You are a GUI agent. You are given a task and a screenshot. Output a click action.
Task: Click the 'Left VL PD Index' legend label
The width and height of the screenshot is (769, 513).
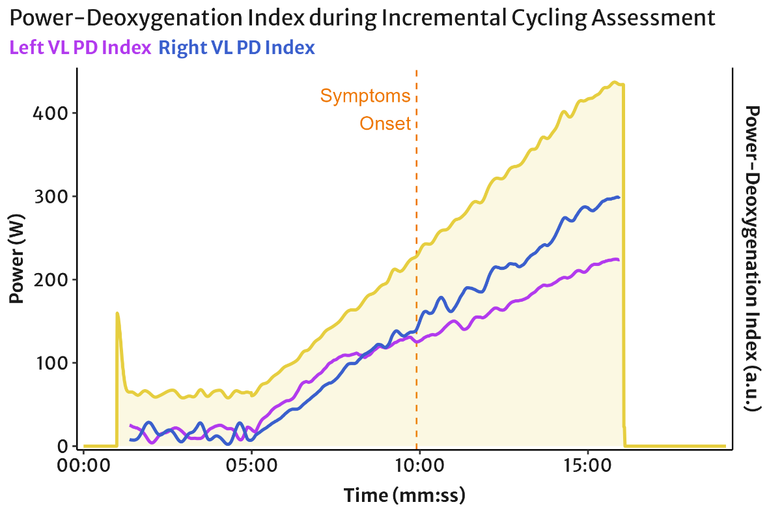[x=81, y=48]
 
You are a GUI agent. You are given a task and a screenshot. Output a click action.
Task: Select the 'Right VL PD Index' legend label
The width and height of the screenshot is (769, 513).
[x=237, y=48]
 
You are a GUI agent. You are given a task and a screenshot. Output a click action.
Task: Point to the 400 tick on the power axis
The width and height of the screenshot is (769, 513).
[x=50, y=113]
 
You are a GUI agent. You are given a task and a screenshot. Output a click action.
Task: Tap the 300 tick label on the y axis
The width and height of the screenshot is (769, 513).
[x=50, y=197]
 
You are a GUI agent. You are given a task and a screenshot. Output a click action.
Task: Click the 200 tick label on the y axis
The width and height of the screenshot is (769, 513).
[x=50, y=280]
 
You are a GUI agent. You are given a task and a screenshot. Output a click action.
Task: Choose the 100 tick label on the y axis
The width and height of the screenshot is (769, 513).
[x=51, y=363]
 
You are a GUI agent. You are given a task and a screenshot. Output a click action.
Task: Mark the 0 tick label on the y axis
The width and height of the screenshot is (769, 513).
[x=63, y=447]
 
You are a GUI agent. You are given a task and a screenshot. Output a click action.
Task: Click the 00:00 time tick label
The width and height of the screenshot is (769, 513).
[x=83, y=465]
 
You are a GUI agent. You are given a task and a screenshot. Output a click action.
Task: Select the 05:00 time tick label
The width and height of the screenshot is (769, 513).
[x=251, y=465]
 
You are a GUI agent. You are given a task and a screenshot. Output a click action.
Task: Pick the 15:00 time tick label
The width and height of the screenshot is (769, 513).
[x=587, y=465]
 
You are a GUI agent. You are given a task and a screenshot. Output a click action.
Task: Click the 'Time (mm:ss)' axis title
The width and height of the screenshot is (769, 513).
[x=404, y=495]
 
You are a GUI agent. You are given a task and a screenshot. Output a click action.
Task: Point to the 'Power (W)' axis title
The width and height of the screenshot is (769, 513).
[x=16, y=259]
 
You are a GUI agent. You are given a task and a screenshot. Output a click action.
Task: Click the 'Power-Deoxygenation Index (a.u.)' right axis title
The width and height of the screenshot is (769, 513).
[x=752, y=259]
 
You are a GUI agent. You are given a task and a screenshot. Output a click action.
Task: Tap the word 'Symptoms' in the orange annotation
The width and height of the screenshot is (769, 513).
[x=365, y=96]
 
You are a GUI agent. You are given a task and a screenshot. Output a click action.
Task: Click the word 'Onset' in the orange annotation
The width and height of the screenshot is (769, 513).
[x=385, y=123]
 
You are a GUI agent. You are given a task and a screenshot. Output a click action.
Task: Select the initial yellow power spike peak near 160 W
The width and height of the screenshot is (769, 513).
[x=118, y=313]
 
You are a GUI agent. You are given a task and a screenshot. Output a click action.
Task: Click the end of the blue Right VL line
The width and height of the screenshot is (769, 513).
[x=619, y=198]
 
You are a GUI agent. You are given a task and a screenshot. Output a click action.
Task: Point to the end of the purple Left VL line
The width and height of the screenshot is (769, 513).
[x=619, y=259]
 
